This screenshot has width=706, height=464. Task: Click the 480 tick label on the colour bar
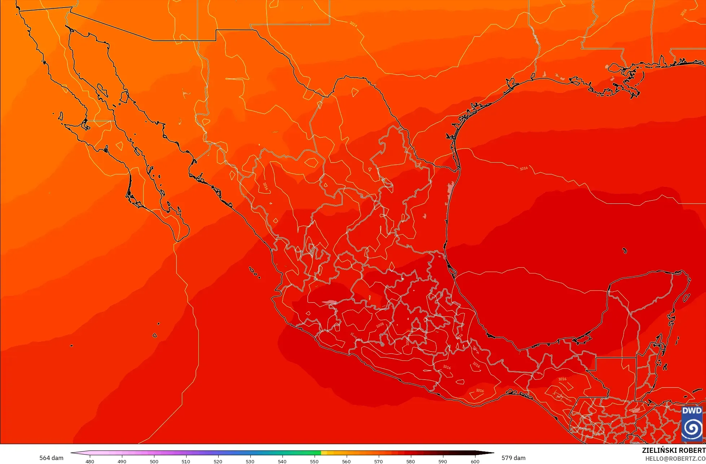click(x=90, y=461)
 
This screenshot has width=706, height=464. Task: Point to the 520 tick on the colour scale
click(x=218, y=461)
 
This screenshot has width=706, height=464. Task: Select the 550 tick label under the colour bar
click(x=314, y=461)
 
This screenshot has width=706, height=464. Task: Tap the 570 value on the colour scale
click(x=378, y=461)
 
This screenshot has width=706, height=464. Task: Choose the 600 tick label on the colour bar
click(x=475, y=461)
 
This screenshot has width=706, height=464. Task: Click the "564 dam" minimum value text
click(x=51, y=458)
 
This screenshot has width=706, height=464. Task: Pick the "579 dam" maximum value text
click(x=513, y=458)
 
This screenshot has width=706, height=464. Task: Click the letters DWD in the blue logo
click(x=692, y=411)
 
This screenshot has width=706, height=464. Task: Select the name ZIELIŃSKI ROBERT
click(x=674, y=450)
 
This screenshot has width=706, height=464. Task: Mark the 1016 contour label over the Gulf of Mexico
click(x=523, y=168)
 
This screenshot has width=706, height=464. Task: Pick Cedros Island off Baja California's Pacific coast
click(x=60, y=116)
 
